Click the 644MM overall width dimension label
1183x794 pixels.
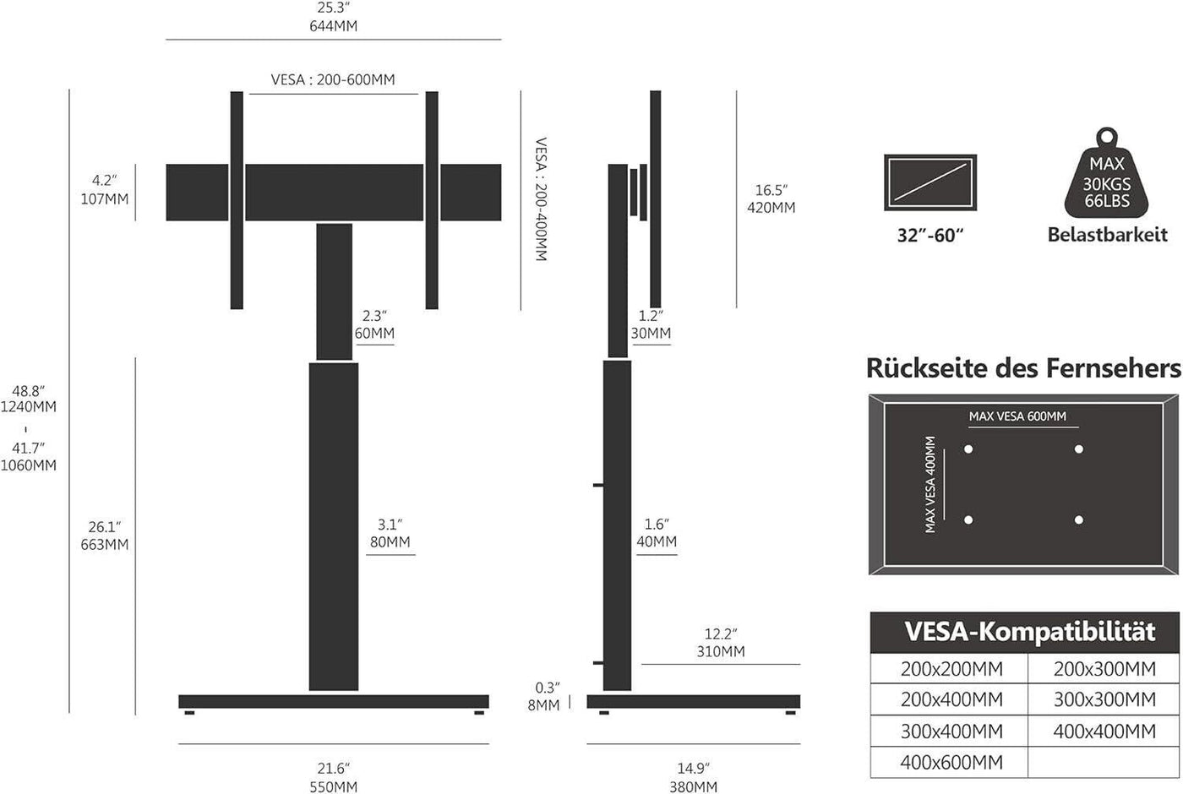[x=333, y=26]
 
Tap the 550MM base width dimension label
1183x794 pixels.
[x=333, y=786]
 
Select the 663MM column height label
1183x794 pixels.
[x=105, y=545]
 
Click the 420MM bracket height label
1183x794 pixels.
[x=771, y=207]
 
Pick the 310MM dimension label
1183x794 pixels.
[x=721, y=651]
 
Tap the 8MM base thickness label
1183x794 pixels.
[x=543, y=705]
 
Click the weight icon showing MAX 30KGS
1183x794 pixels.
[x=1107, y=179]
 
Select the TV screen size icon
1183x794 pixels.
[x=930, y=182]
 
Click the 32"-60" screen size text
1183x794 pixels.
[x=930, y=235]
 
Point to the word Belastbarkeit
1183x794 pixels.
[x=1107, y=235]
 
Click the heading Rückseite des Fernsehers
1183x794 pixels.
[x=1023, y=368]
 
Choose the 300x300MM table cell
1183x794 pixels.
[x=1104, y=699]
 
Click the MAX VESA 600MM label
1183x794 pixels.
[x=1017, y=416]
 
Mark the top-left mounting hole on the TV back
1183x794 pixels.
[x=968, y=449]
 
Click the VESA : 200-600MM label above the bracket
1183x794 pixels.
[x=333, y=80]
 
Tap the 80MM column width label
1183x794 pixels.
[x=390, y=541]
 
